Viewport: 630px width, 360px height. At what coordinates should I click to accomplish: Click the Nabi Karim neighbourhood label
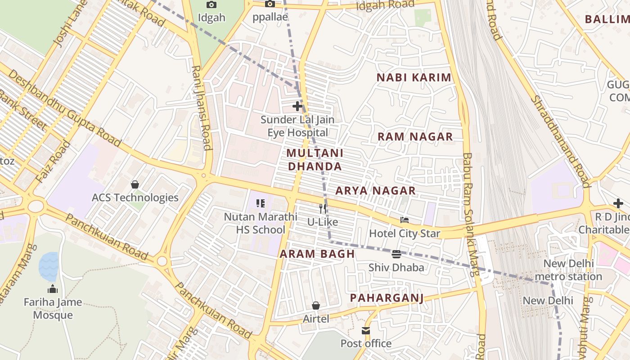click(x=414, y=77)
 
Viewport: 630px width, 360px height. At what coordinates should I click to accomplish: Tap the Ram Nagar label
click(x=415, y=137)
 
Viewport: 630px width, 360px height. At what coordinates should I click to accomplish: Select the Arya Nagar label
click(x=375, y=191)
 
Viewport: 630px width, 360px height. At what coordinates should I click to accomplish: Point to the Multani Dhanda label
click(x=315, y=160)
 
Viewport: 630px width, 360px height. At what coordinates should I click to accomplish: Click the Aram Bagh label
click(x=317, y=254)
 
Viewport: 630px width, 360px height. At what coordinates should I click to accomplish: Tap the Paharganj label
click(x=387, y=297)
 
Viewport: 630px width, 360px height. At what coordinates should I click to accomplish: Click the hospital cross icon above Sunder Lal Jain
click(x=297, y=106)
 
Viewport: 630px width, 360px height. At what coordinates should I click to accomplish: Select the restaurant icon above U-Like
click(x=323, y=208)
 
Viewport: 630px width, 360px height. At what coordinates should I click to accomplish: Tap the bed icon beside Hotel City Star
click(x=405, y=220)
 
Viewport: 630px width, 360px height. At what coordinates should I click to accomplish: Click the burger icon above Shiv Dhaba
click(x=396, y=254)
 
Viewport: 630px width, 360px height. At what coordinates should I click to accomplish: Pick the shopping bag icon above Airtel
click(x=316, y=306)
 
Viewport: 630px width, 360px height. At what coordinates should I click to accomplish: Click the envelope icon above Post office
click(x=366, y=331)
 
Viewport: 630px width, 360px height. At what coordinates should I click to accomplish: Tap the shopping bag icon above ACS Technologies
click(x=135, y=184)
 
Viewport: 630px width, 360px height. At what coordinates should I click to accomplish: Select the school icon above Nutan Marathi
click(x=260, y=203)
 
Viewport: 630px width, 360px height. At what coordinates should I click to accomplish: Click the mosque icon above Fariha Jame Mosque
click(x=53, y=288)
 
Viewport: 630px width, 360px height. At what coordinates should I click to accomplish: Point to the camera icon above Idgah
click(x=211, y=4)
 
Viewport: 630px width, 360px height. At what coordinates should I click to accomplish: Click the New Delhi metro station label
click(x=572, y=270)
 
